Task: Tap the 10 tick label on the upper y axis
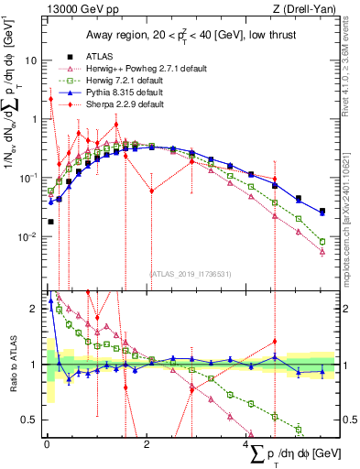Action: (x=31, y=60)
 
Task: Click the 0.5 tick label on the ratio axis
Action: (x=30, y=420)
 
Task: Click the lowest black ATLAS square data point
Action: (x=50, y=221)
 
